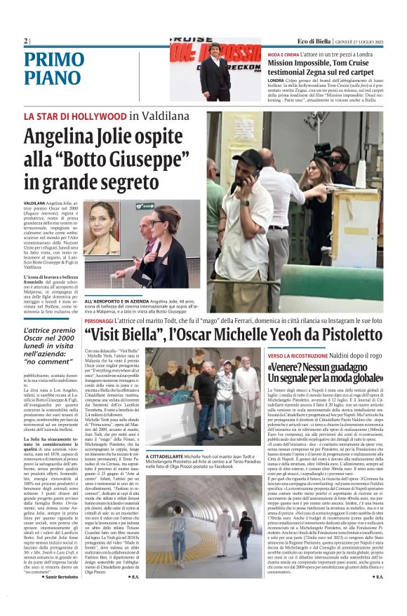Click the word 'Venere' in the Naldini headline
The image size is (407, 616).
pyautogui.click(x=288, y=368)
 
